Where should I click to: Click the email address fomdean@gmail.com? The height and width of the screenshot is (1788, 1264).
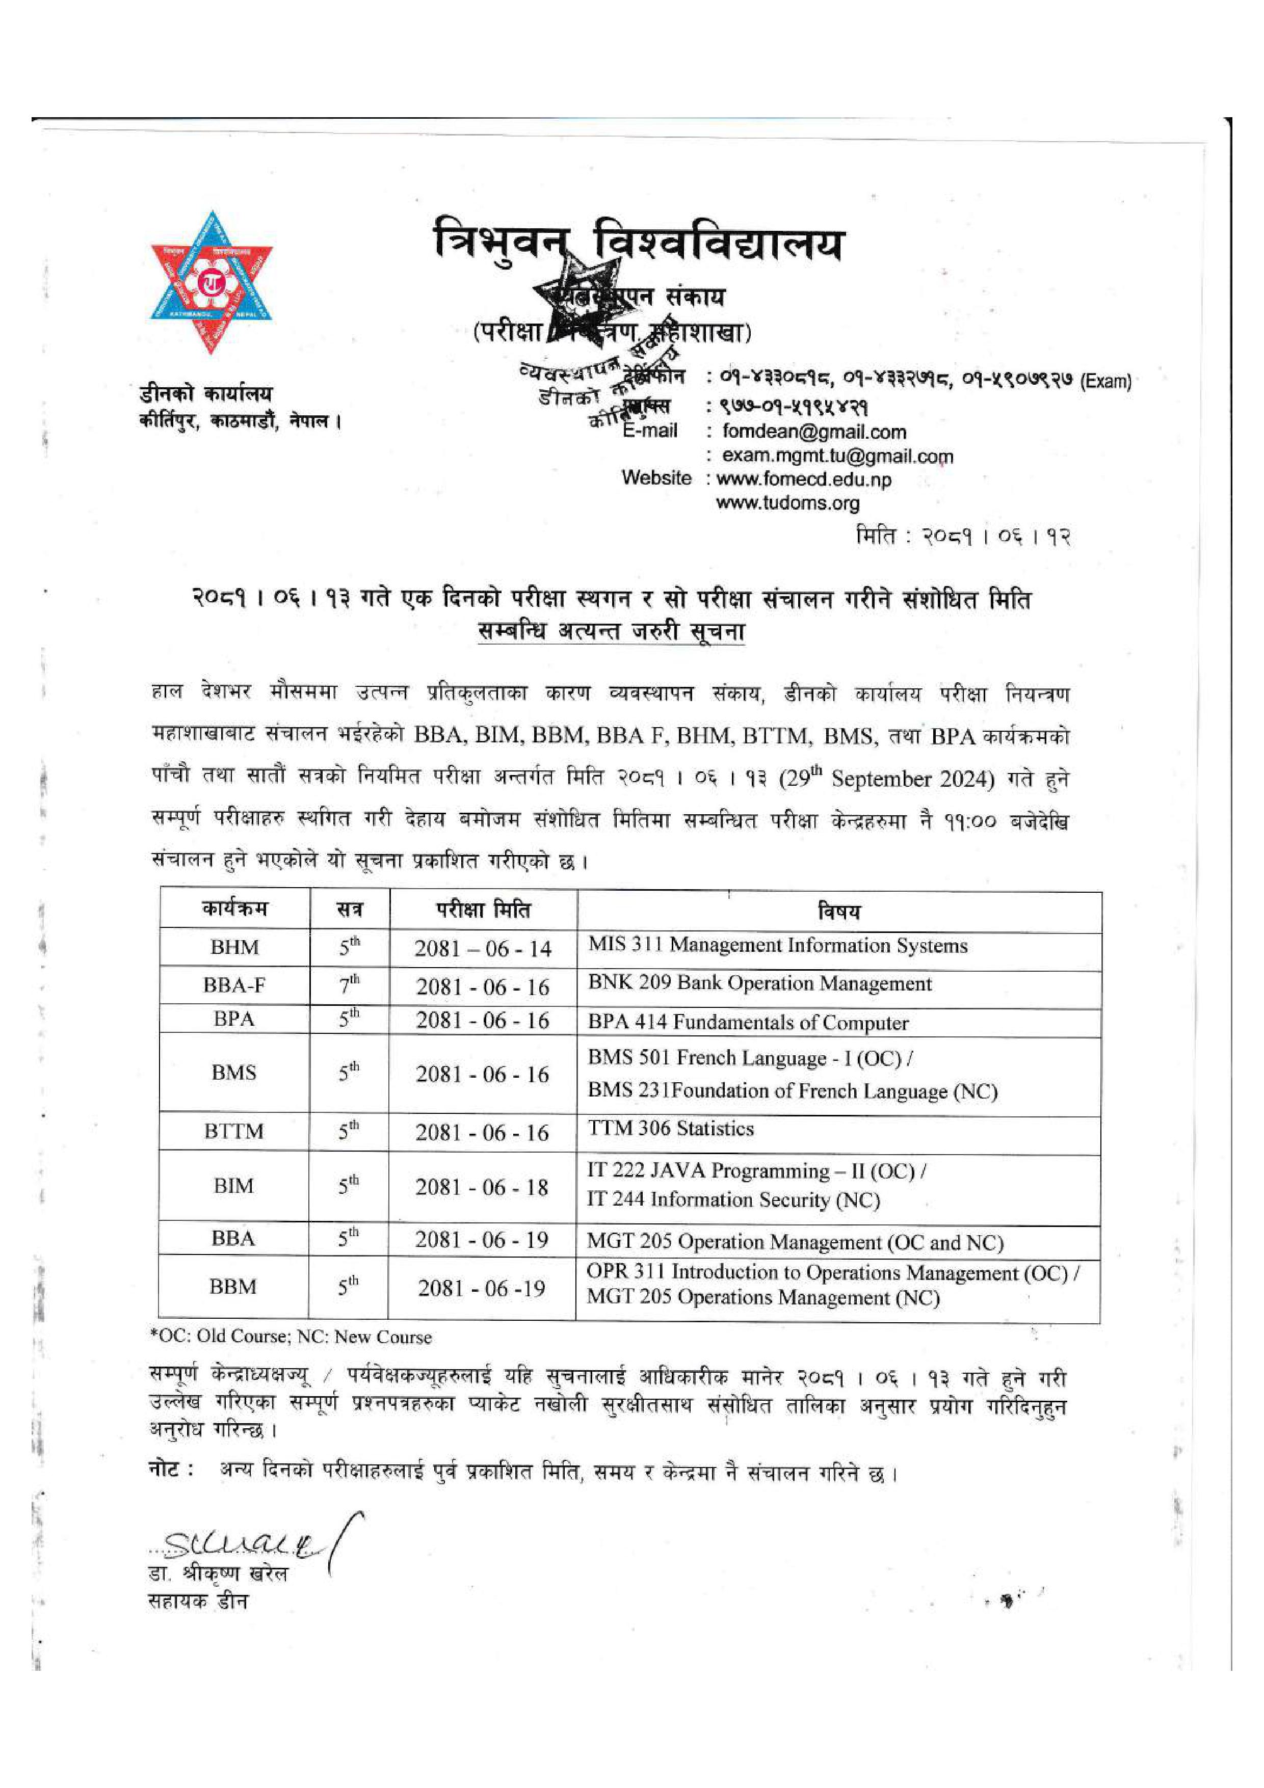pos(814,432)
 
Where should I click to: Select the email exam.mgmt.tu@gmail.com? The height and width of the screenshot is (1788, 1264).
pos(837,457)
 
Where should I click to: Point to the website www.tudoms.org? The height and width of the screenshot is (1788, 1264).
pos(787,503)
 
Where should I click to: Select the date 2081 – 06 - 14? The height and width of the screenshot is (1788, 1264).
pos(483,948)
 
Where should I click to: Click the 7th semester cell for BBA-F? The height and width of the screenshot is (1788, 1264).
pos(349,985)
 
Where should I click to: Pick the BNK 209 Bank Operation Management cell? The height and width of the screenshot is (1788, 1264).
pos(759,983)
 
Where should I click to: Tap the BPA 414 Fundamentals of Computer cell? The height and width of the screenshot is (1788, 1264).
pos(748,1023)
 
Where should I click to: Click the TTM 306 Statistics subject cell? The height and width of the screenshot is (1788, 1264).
pos(671,1129)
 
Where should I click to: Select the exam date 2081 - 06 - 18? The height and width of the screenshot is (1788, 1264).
pos(482,1188)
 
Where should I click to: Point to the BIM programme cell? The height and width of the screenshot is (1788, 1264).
pos(233,1186)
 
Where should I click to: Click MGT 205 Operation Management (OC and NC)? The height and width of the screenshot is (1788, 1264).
pos(795,1242)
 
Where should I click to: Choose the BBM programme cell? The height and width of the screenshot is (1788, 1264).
pos(233,1287)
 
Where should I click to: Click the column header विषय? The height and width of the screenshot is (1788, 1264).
pos(839,911)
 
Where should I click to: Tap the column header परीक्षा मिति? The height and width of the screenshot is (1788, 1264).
pos(483,910)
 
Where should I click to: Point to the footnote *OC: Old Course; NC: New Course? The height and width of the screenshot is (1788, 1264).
pos(291,1337)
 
